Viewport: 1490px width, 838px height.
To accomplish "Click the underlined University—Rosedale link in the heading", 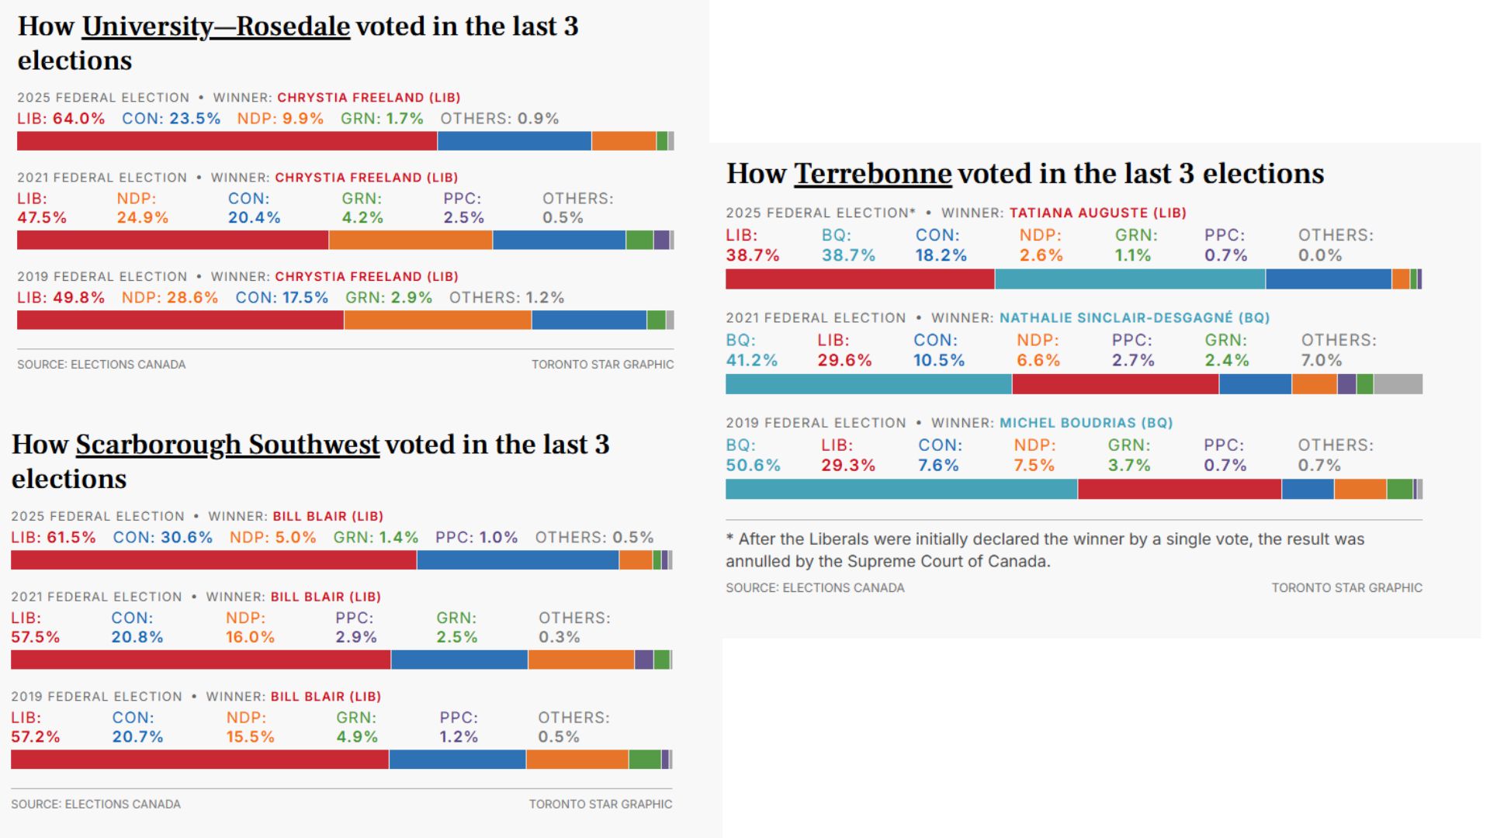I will (x=216, y=26).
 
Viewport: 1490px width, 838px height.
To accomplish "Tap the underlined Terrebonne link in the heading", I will (x=872, y=174).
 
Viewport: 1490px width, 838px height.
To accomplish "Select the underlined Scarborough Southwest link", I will (x=227, y=445).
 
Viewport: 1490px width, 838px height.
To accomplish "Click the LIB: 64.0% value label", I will (x=61, y=119).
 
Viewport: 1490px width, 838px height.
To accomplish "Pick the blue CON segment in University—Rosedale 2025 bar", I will (x=514, y=141).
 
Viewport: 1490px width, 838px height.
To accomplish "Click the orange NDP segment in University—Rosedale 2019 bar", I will (x=438, y=320).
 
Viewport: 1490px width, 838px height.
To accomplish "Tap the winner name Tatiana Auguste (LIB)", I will (x=1097, y=213).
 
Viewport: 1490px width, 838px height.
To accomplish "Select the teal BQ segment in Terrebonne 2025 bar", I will (x=1129, y=279).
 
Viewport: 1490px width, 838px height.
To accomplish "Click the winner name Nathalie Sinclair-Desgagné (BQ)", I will (x=1134, y=318).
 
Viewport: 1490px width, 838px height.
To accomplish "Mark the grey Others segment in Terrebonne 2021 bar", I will (x=1398, y=384).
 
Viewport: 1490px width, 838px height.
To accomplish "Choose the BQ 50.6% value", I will (x=753, y=466).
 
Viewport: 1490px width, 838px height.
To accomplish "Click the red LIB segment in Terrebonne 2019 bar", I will (x=1179, y=489).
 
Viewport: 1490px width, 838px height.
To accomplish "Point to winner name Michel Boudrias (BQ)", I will (x=1086, y=423).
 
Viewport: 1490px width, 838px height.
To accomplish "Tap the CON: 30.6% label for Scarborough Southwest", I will (x=162, y=538).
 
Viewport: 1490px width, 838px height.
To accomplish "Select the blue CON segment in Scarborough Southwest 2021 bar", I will (x=459, y=660).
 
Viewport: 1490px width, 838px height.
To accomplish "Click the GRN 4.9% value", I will (x=356, y=737).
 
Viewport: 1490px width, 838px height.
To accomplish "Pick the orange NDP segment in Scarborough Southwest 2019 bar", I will (x=577, y=760).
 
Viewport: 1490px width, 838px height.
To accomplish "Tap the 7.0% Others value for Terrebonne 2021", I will (x=1321, y=361).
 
